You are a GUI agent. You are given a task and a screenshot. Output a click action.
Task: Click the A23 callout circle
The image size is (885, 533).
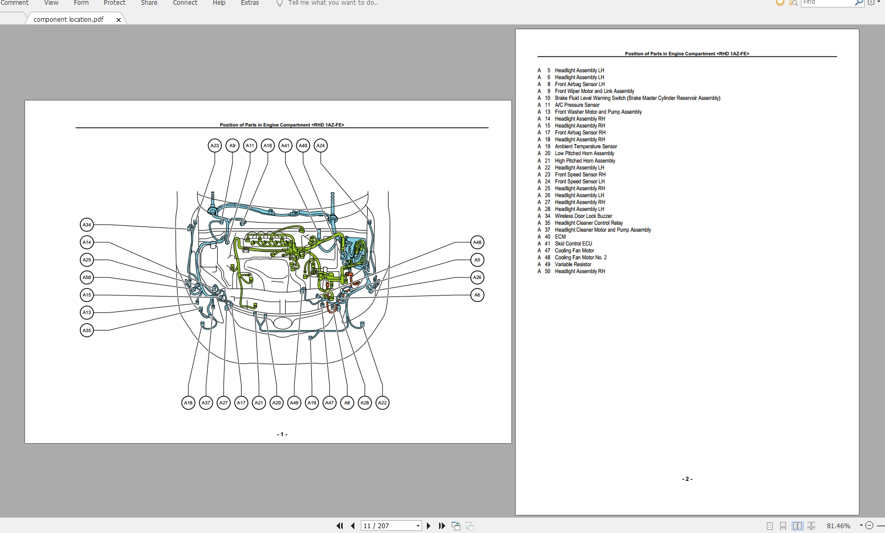coord(214,146)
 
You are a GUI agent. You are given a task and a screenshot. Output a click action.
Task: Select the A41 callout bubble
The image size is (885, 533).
coord(285,146)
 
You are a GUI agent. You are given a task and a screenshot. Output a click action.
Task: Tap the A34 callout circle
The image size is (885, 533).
coord(87,225)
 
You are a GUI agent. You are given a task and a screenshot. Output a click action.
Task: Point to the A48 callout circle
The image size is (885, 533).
coord(477,242)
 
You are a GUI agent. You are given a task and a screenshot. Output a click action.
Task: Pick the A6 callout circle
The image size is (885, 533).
coord(477,295)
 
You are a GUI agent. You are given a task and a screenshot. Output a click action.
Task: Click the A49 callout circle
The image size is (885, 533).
coord(294,403)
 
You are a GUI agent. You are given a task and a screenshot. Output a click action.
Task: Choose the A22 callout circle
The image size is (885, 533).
coord(383,403)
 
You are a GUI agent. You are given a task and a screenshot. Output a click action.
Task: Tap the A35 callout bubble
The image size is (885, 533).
coord(87,331)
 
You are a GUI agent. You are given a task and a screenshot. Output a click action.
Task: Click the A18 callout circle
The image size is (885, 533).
coord(188,403)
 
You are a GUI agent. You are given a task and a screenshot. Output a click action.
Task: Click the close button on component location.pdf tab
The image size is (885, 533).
coord(119,20)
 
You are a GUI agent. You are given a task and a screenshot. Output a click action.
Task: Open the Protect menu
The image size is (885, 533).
coord(114,3)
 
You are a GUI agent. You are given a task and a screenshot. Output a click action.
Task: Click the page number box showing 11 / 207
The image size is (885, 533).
coord(391,526)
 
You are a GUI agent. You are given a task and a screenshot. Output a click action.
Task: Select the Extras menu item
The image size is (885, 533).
coord(250,3)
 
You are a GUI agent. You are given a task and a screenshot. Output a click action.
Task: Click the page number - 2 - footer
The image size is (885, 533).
coord(687,479)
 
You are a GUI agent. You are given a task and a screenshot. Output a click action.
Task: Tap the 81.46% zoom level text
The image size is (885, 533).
coord(838,526)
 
